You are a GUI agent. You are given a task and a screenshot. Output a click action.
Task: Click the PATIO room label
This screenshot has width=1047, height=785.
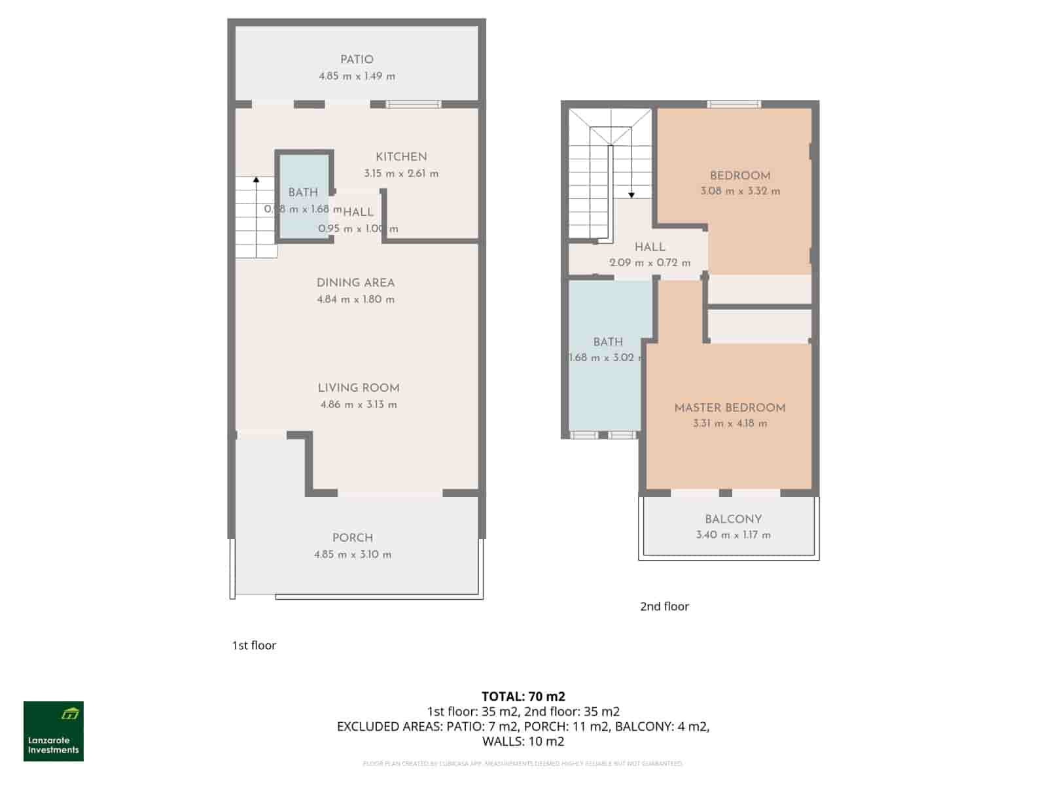click(357, 60)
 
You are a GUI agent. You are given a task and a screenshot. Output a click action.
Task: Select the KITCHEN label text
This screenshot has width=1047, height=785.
click(401, 157)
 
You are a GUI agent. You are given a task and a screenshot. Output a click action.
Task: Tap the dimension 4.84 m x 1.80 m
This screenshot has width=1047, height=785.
click(355, 300)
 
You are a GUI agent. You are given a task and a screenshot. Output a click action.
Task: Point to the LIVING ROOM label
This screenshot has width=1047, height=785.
click(359, 388)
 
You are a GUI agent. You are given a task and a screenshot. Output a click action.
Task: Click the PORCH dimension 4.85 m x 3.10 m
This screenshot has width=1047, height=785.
click(353, 555)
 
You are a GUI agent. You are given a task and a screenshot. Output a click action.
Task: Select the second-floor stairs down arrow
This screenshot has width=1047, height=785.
click(631, 194)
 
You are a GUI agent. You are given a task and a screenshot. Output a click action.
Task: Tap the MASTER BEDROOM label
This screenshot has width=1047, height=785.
click(730, 408)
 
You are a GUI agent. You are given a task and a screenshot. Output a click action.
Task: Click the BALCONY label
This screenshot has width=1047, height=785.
click(733, 519)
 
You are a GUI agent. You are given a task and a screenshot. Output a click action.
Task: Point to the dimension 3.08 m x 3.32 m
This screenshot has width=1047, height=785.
click(740, 192)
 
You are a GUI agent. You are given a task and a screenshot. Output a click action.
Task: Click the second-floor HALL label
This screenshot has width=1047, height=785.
click(650, 247)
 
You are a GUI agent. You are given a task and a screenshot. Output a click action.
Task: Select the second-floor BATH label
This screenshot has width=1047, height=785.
click(608, 342)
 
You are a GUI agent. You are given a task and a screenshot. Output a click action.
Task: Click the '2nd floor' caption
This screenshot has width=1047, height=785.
click(664, 606)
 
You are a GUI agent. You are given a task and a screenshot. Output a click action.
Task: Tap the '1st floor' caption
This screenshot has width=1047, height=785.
click(254, 646)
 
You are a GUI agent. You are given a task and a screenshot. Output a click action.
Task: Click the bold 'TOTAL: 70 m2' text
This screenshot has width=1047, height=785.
click(523, 697)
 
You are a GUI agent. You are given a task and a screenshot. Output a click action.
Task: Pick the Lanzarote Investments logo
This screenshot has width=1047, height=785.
click(54, 731)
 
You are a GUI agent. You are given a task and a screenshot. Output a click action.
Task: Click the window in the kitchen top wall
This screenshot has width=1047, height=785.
click(413, 104)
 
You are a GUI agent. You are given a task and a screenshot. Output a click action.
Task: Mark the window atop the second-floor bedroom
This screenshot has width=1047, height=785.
click(734, 104)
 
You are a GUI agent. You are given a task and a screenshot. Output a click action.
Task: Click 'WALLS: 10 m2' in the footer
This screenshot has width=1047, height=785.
click(523, 742)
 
